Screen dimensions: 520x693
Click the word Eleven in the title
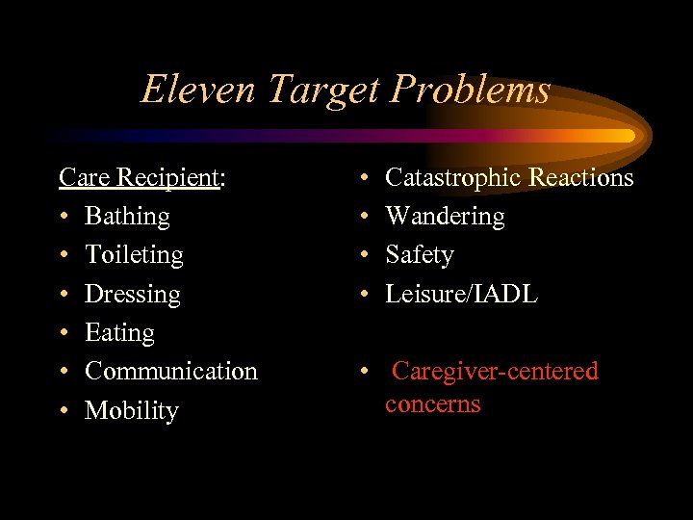[199, 90]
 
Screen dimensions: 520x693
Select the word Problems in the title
[472, 90]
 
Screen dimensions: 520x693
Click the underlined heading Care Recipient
[141, 177]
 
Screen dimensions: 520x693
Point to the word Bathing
[127, 217]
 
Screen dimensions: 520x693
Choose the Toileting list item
[134, 255]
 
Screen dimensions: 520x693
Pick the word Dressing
[133, 294]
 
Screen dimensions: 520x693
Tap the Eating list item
[119, 333]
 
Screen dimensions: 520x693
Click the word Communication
[171, 371]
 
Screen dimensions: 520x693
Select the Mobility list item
[132, 411]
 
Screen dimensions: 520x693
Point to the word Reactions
[581, 177]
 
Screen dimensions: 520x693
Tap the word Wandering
[445, 217]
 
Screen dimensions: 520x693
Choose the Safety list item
[420, 255]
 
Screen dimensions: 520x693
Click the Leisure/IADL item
[461, 294]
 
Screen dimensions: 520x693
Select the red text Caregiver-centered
[496, 371]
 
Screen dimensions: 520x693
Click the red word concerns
[432, 403]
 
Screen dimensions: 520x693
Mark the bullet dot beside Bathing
[64, 218]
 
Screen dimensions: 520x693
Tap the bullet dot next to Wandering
[365, 218]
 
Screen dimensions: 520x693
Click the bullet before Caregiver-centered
[365, 372]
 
